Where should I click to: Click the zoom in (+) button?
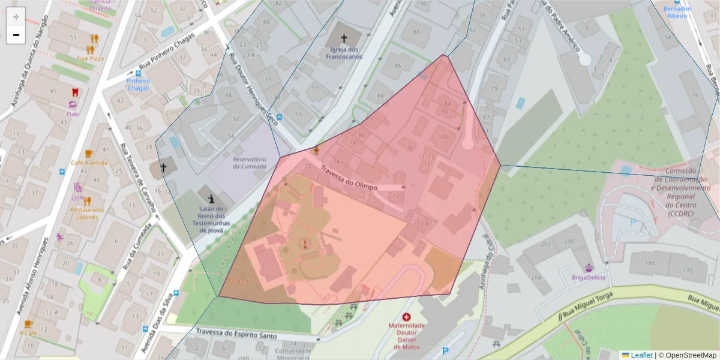click(16, 17)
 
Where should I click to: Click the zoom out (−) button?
click(16, 35)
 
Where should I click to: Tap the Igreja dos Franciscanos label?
click(344, 53)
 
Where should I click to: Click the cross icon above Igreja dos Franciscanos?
click(344, 37)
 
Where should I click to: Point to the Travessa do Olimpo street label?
click(349, 178)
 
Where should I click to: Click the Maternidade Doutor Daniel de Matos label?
click(407, 336)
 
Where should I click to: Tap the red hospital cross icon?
click(407, 317)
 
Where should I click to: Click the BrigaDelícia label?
click(589, 277)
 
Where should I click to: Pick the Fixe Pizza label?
click(90, 59)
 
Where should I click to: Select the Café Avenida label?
click(89, 163)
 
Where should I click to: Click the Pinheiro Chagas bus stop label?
click(138, 84)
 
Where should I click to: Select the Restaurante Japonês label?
click(87, 214)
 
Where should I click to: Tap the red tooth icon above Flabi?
click(75, 92)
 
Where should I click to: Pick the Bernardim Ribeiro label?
click(677, 13)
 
